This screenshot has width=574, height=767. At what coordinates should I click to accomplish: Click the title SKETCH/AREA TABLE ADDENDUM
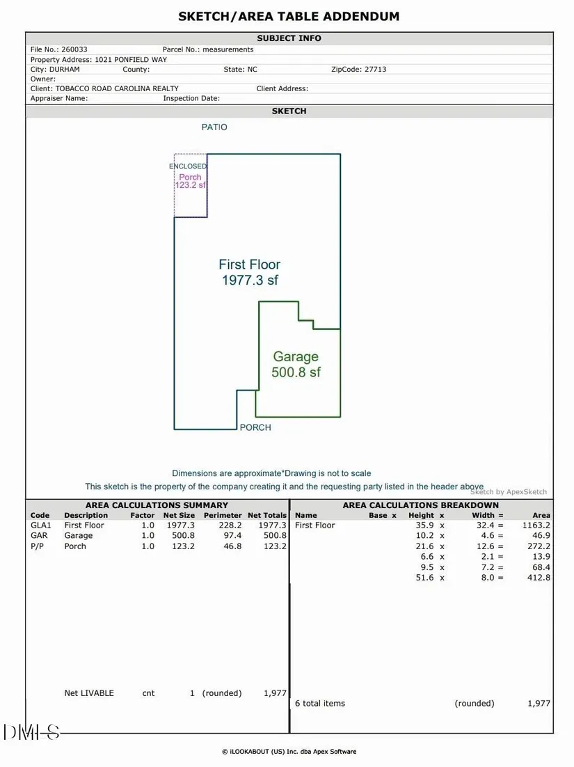[x=289, y=17]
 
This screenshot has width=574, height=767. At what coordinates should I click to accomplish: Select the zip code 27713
[x=375, y=70]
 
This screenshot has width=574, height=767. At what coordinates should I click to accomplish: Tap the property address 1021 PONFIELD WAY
[x=131, y=60]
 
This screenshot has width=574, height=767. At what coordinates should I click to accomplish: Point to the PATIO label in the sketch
[x=214, y=127]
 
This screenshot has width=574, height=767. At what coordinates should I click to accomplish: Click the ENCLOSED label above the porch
[x=188, y=166]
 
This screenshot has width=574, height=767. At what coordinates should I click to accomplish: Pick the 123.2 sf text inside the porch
[x=191, y=185]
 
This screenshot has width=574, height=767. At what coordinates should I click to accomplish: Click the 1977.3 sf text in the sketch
[x=250, y=280]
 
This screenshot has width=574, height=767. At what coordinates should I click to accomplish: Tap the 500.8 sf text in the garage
[x=296, y=372]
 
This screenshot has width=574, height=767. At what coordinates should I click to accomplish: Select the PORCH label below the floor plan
[x=255, y=427]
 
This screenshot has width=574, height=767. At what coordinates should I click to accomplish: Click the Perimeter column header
[x=223, y=516]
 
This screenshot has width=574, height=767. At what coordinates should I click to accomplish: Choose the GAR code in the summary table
[x=39, y=536]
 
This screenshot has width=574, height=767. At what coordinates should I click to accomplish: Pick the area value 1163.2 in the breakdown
[x=536, y=525]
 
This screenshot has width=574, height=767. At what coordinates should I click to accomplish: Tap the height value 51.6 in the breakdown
[x=424, y=578]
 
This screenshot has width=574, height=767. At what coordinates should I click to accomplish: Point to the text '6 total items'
[x=320, y=704]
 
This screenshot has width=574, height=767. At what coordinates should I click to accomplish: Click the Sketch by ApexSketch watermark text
[x=509, y=492]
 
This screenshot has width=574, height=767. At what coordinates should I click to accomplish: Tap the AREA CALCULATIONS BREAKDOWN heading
[x=420, y=505]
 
